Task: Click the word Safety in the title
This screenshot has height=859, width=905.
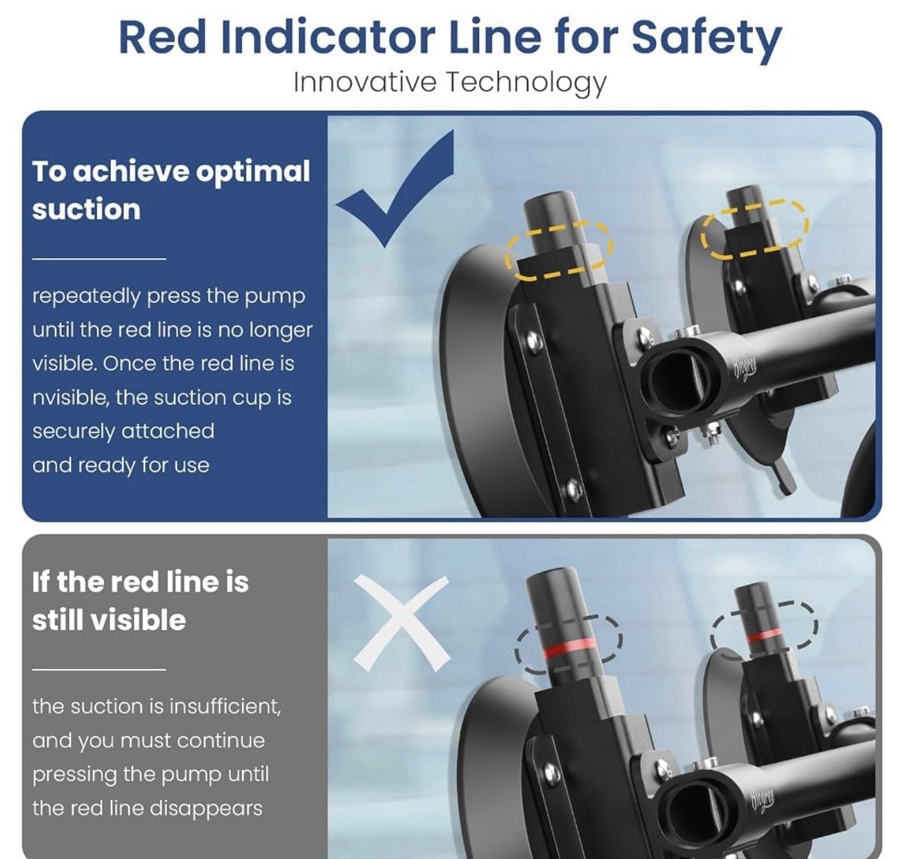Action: click(706, 39)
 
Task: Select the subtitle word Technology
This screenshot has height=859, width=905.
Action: click(526, 83)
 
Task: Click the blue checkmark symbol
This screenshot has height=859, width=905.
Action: click(395, 189)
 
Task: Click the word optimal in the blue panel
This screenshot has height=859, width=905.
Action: click(253, 173)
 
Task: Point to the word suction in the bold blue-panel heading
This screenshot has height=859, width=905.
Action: click(86, 210)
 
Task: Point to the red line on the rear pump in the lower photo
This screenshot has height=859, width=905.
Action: click(765, 635)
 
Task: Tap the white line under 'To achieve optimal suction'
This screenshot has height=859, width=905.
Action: click(99, 259)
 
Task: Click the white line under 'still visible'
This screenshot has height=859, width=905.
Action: click(99, 669)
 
